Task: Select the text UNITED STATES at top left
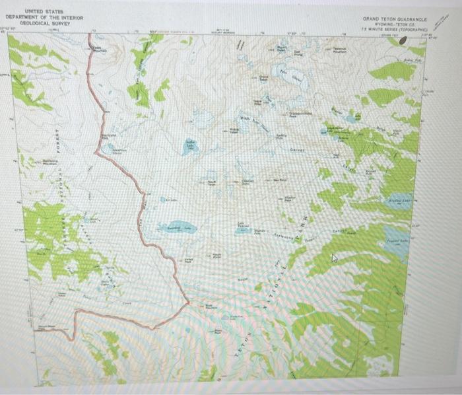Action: (44, 11)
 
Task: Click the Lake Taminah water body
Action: (244, 229)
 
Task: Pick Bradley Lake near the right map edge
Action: (400, 200)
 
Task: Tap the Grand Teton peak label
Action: (263, 79)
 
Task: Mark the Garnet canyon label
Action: (298, 151)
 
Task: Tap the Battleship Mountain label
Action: (51, 161)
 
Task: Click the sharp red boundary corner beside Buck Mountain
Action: (189, 303)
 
